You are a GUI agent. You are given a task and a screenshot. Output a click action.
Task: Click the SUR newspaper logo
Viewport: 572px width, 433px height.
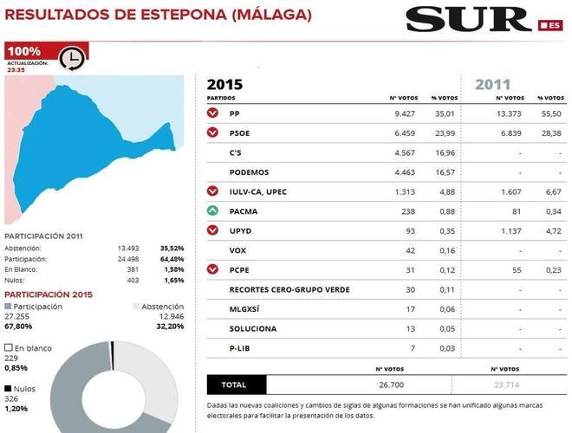(468, 18)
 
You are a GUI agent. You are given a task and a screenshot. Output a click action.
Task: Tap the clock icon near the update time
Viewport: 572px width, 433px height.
(71, 59)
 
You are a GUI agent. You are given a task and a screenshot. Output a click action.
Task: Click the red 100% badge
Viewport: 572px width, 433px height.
(23, 51)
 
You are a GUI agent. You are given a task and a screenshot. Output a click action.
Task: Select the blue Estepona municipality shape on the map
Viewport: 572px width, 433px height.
(87, 147)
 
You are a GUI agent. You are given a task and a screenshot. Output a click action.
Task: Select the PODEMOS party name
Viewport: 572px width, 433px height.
(249, 172)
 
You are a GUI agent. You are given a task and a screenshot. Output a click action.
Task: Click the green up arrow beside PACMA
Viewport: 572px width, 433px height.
(213, 210)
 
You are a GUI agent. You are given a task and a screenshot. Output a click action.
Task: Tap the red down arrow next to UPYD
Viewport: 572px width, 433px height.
(213, 230)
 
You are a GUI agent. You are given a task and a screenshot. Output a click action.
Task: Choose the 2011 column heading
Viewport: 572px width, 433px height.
(492, 85)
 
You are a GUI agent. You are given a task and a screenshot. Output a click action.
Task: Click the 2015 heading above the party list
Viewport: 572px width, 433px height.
(225, 85)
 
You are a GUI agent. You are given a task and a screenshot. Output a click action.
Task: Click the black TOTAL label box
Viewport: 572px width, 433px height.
(236, 385)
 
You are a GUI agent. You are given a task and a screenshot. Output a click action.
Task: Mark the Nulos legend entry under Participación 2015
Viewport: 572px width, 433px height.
(19, 389)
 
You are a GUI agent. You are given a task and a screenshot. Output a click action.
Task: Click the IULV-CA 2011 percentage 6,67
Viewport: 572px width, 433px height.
(550, 191)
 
